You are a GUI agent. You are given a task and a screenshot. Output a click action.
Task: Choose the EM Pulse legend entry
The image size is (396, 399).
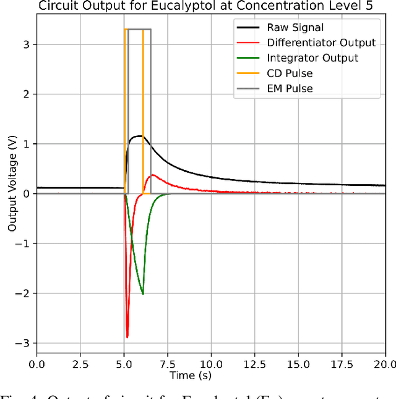point(290,88)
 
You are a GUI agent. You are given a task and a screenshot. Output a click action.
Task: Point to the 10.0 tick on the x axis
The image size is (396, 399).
point(211,364)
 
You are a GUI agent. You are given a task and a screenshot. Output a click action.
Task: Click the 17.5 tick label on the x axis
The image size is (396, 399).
point(342,364)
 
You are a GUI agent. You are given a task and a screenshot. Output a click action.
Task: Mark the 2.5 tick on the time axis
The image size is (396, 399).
point(80,364)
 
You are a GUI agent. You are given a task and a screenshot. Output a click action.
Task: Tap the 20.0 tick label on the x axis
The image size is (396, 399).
point(385,364)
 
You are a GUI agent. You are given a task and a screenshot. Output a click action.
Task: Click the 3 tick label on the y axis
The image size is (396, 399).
point(29,44)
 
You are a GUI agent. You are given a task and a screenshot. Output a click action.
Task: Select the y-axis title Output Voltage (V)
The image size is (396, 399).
point(12,193)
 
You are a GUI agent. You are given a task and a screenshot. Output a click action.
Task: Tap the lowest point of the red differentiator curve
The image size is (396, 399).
point(127,337)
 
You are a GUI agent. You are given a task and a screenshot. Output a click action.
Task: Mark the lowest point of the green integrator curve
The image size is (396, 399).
point(143,294)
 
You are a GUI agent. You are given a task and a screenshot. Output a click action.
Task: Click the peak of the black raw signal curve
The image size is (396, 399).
point(140,136)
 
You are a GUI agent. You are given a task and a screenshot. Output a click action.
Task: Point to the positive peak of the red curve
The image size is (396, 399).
point(153,175)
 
